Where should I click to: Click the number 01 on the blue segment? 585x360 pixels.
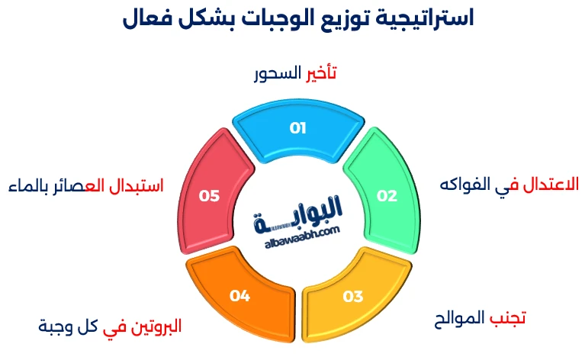pyautogui.click(x=297, y=127)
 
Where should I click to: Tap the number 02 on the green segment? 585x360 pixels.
pyautogui.click(x=387, y=196)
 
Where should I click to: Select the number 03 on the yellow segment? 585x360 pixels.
pyautogui.click(x=353, y=296)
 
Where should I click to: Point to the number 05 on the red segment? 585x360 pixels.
pyautogui.click(x=209, y=196)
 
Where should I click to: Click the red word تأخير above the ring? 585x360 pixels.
pyautogui.click(x=321, y=75)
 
